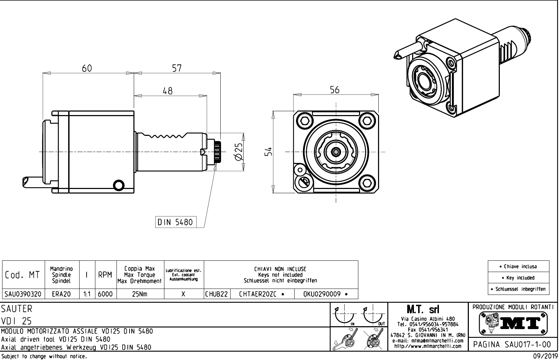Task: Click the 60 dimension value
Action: [87, 68]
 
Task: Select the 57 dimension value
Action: [177, 68]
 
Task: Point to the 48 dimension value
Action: [168, 91]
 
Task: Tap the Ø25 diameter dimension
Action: [239, 152]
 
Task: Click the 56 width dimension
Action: [335, 90]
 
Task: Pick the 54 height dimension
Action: [269, 152]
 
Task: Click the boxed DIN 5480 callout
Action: [175, 222]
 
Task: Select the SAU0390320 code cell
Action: [23, 294]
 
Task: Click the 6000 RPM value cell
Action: [105, 294]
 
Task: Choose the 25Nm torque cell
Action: [140, 294]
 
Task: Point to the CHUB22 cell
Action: [217, 294]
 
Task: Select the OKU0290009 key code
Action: [326, 294]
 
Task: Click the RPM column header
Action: [105, 275]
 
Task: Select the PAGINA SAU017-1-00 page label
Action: [512, 344]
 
